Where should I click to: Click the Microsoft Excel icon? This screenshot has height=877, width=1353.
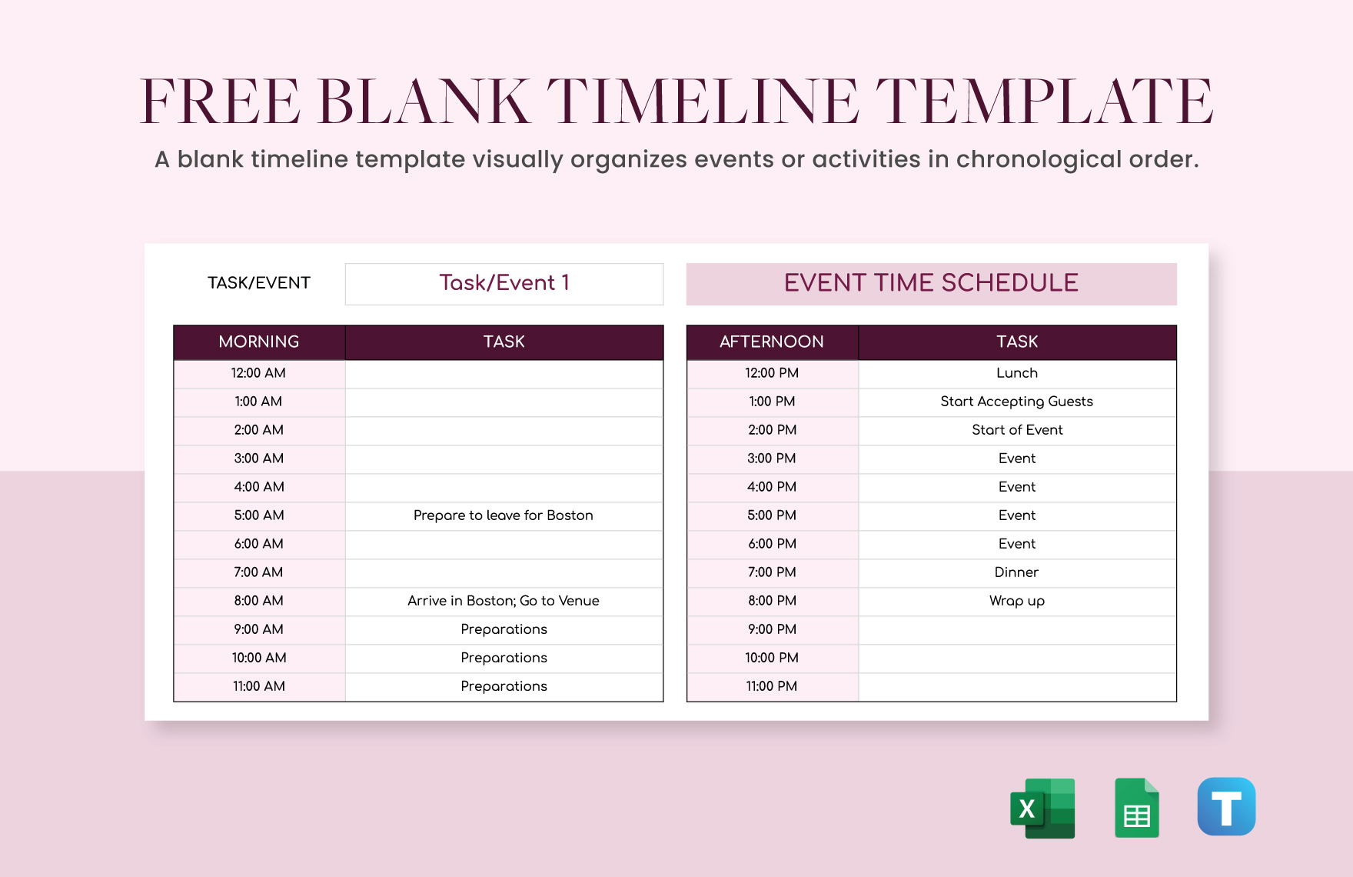click(1042, 808)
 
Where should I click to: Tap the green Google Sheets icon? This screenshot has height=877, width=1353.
click(1136, 808)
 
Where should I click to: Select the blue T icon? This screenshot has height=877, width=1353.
click(1226, 806)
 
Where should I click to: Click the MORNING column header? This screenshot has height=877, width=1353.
click(259, 342)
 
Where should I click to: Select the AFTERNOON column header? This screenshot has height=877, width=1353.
click(772, 342)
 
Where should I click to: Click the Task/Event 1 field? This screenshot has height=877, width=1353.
click(504, 283)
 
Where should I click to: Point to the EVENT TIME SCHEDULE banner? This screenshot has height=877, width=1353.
click(931, 283)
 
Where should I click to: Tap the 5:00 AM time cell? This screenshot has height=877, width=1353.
click(259, 515)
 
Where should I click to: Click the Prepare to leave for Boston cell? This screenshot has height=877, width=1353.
click(504, 515)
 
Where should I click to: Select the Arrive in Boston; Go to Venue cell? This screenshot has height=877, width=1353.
click(504, 601)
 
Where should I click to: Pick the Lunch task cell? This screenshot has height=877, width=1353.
click(1017, 373)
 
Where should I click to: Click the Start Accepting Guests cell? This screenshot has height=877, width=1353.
click(1017, 402)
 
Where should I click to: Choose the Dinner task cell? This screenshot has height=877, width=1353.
click(1017, 572)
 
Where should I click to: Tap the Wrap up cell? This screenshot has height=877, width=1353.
click(1017, 601)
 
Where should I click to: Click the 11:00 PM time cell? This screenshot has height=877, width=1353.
click(772, 686)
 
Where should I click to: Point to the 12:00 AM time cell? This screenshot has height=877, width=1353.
click(259, 373)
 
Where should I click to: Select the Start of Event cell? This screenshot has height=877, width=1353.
click(1017, 430)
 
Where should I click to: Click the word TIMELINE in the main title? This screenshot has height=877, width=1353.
click(703, 102)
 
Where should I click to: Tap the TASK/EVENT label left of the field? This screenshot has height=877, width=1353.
click(259, 283)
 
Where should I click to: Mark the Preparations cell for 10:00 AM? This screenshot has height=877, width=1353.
click(504, 658)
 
